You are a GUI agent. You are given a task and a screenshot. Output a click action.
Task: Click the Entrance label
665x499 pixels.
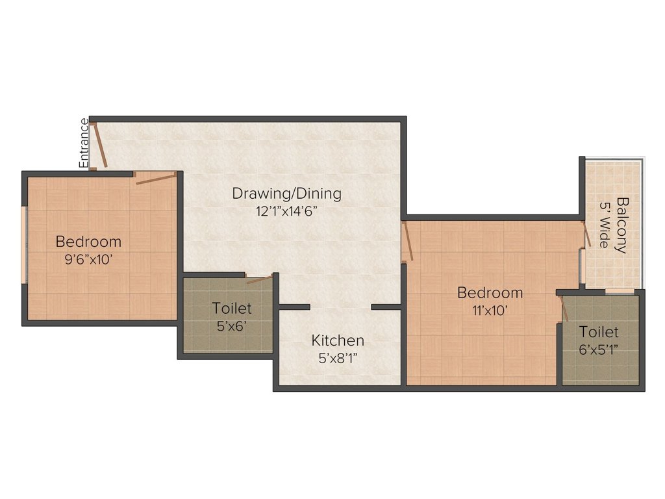84,143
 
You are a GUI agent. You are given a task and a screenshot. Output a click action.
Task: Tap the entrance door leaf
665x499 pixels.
101,145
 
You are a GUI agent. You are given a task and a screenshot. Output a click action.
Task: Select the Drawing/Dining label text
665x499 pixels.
286,194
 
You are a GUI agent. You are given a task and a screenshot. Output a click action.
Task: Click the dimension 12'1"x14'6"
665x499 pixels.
286,211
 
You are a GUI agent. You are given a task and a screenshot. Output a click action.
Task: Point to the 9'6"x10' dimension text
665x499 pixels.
88,259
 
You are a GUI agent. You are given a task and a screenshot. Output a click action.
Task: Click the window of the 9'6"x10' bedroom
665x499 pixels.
24,245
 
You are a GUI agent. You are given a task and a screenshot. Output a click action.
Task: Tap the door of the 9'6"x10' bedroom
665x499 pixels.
156,178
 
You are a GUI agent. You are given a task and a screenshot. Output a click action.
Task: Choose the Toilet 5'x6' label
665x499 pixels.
232,309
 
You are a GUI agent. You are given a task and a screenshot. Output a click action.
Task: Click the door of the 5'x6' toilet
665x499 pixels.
259,279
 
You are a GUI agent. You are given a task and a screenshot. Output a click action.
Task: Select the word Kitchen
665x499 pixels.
338,340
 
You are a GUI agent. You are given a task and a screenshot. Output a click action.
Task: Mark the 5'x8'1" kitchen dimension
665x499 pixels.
338,359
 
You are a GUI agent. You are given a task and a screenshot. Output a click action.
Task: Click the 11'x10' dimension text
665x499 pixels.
490,311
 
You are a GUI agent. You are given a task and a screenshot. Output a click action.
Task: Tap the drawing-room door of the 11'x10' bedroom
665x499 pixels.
408,241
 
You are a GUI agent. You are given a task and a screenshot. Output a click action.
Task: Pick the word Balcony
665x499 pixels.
621,225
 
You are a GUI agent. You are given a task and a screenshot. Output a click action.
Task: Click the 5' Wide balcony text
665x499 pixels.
604,224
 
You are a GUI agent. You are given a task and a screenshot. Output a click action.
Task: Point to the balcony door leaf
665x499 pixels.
586,235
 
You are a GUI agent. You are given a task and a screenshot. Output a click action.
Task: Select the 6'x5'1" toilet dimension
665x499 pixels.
598,350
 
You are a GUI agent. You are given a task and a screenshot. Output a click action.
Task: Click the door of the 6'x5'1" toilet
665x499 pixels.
564,309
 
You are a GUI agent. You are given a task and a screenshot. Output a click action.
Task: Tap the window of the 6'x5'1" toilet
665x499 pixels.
620,292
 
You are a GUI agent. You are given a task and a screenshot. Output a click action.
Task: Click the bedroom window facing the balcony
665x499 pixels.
583,266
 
